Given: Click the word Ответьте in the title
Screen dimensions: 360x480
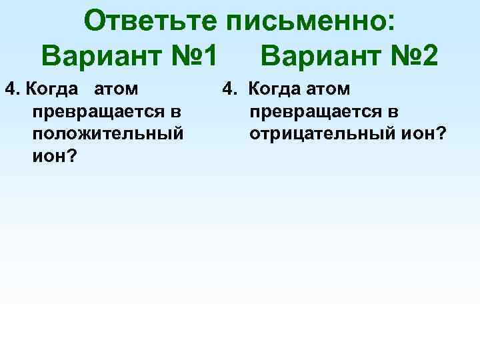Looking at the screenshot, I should point(151,21).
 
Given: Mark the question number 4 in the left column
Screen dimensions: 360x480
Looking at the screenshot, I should point(9,88).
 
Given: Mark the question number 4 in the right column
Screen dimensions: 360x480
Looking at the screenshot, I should point(228,88).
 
